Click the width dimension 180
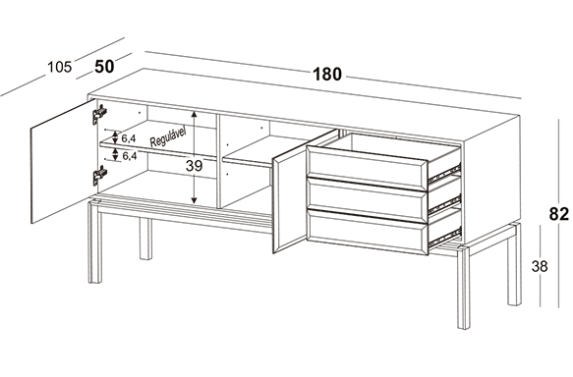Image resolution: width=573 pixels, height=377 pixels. tap(327, 75)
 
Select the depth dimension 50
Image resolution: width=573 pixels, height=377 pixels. tap(104, 67)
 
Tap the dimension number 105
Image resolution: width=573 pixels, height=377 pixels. tap(60, 67)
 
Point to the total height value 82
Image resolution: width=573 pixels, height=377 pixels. tap(559, 214)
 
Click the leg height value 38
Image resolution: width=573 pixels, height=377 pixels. tap(540, 266)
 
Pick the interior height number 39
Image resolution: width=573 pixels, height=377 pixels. tap(194, 166)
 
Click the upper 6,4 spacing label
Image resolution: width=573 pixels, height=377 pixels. tap(129, 138)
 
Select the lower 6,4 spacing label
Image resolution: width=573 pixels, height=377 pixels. tap(130, 156)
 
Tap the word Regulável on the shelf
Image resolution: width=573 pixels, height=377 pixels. tap(168, 137)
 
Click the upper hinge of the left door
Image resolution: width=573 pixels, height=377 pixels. tap(98, 114)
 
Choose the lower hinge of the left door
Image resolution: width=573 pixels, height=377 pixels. tap(99, 175)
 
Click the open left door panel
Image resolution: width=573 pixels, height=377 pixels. tap(64, 161)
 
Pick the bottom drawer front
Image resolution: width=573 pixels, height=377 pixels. tap(367, 232)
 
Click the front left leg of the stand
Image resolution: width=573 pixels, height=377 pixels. tap(94, 242)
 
